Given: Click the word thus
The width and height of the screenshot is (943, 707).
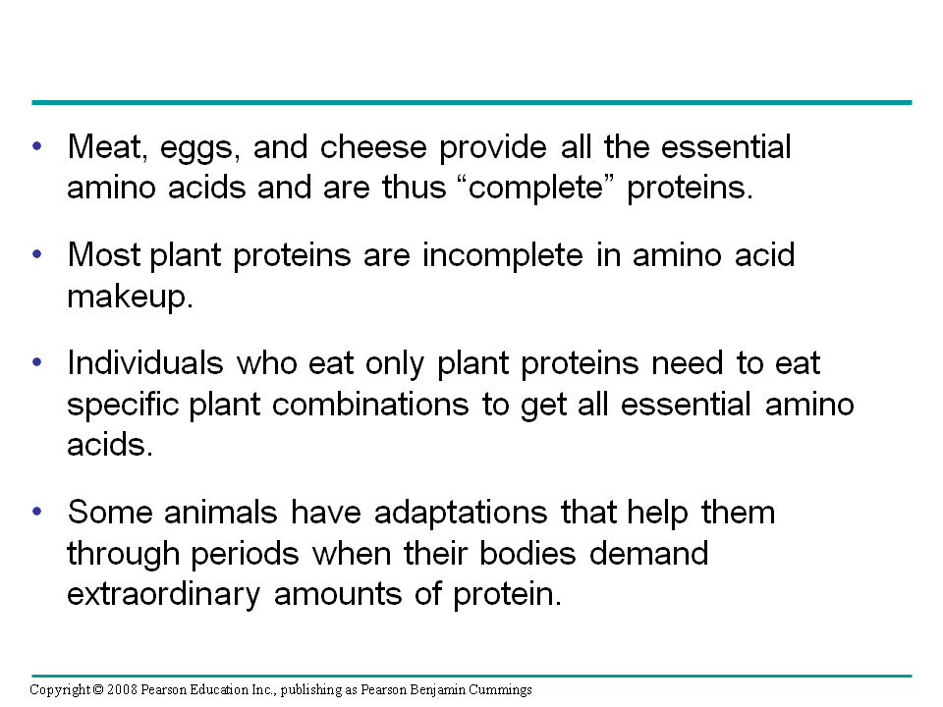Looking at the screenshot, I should point(413,187).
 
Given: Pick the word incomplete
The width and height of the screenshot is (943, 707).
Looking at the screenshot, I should point(506,255).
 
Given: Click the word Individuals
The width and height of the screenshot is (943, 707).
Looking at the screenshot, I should point(146,363).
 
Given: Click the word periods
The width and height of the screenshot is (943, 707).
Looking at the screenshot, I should point(247,554).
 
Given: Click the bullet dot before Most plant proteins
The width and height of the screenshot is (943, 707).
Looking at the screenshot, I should point(37,253).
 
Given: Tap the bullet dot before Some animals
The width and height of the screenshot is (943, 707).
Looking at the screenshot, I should point(37,511).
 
